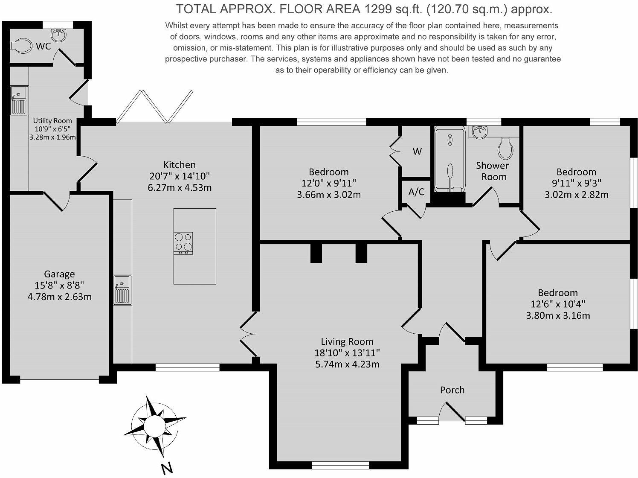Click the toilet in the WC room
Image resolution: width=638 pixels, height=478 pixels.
pos(22,45)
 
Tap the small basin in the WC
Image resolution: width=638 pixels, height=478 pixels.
pos(57,34)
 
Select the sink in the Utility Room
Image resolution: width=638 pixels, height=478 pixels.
pos(19,100)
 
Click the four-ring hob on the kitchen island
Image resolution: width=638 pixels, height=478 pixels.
pos(183,242)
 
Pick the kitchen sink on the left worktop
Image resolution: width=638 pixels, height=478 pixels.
pos(123,290)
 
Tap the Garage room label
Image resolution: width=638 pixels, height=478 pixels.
pos(59,274)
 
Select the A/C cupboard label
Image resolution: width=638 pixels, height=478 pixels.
pos(416,192)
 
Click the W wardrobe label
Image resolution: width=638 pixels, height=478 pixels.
pos(417,152)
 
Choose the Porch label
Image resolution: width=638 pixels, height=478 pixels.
pos(452,390)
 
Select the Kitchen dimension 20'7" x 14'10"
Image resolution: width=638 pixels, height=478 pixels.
pos(180,176)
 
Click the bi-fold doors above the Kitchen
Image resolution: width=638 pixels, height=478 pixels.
pos(154,107)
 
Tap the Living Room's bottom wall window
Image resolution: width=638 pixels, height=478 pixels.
pos(340,465)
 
